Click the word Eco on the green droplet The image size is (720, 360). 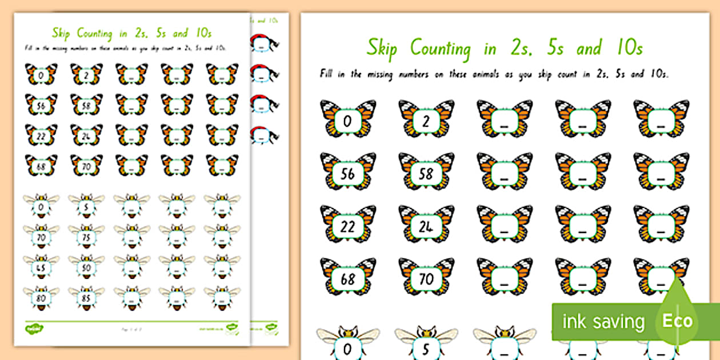(x=678, y=321)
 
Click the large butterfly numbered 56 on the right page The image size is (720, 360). (x=348, y=173)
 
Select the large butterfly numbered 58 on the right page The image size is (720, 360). (x=426, y=173)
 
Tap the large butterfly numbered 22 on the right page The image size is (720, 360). (x=348, y=225)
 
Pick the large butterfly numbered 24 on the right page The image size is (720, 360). (x=426, y=225)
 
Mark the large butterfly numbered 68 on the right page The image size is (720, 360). (x=348, y=278)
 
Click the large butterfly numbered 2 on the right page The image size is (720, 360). (x=426, y=119)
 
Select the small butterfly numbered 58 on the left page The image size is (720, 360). (x=87, y=105)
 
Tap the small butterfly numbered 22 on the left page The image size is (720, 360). (x=41, y=135)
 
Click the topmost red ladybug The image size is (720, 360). (x=263, y=42)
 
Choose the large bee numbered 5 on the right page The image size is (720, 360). (x=426, y=345)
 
